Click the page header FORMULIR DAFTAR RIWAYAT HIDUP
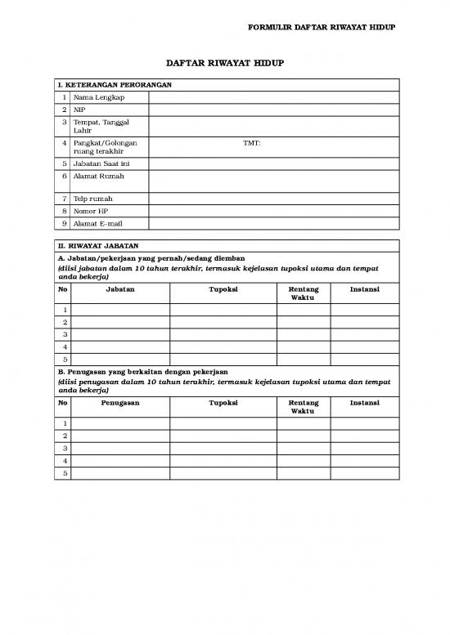point(322,28)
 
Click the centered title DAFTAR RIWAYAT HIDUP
point(225,62)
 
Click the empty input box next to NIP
point(273,110)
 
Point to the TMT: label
point(252,143)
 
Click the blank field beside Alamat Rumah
point(273,181)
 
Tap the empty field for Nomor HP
point(273,211)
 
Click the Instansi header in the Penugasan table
point(364,403)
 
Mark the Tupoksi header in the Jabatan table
point(223,288)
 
